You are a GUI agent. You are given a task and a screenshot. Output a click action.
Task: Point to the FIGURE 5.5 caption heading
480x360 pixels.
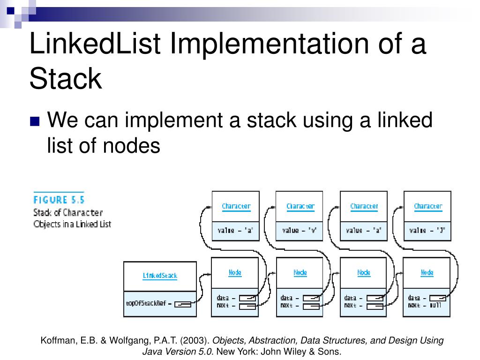coord(59,199)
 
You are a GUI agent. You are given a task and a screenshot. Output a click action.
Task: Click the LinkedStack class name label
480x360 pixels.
coord(160,276)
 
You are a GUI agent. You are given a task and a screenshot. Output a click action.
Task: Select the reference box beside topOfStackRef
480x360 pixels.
coord(183,304)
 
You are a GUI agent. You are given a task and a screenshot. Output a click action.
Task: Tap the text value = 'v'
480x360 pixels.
coord(300,230)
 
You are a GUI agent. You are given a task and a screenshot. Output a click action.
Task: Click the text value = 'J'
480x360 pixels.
coord(427,230)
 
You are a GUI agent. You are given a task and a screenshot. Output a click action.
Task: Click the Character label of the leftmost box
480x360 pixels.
coord(236,206)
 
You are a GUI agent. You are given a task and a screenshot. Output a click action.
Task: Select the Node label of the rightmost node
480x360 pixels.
coord(427,272)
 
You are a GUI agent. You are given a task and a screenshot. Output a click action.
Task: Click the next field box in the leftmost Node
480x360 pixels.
coord(247,307)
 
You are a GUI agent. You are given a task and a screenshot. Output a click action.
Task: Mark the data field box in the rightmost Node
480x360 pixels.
coord(438,298)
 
